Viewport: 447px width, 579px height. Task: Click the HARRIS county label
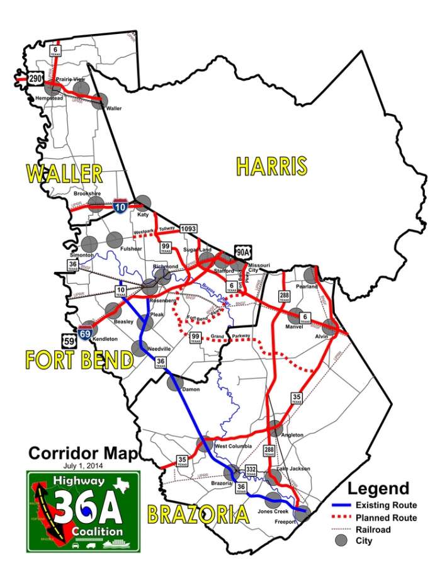coord(271,166)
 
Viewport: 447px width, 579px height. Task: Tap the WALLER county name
coord(64,174)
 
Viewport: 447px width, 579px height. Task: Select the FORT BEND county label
coord(79,360)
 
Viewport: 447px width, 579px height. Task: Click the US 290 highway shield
coord(36,79)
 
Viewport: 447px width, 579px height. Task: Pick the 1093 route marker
coord(187,230)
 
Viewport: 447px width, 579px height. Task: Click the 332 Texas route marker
coord(251,470)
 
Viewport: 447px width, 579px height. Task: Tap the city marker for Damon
coord(174,382)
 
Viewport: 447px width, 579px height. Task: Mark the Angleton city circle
coord(275,427)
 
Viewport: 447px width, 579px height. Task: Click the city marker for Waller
coord(98,101)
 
